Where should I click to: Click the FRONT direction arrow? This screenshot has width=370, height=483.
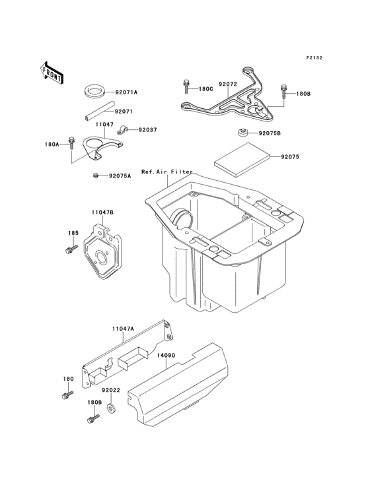[x=52, y=71]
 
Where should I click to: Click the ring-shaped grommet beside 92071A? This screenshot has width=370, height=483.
[x=95, y=90]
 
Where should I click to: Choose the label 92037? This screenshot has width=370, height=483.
[x=147, y=130]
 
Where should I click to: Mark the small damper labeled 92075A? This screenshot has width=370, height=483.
[x=95, y=176]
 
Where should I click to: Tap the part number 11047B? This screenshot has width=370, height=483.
[x=102, y=212]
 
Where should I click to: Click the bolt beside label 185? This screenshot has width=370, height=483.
[x=68, y=249]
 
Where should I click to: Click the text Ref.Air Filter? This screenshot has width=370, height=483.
[x=165, y=172]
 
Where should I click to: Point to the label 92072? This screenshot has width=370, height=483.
[x=228, y=84]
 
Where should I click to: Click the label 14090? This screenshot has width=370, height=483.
[x=165, y=354]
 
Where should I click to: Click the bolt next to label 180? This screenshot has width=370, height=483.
[x=67, y=395]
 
